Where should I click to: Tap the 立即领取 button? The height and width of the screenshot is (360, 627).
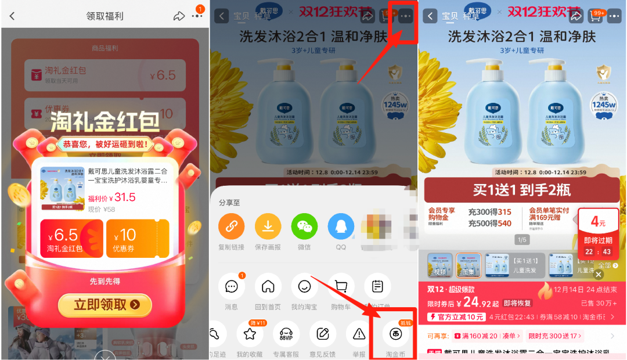pyautogui.click(x=105, y=304)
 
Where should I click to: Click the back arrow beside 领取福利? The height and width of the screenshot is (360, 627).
pyautogui.click(x=12, y=16)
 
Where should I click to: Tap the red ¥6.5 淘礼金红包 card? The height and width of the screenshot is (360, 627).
pyautogui.click(x=71, y=238)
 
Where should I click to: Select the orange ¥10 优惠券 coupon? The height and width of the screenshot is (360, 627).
pyautogui.click(x=138, y=238)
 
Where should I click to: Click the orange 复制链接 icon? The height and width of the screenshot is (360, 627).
pyautogui.click(x=232, y=226)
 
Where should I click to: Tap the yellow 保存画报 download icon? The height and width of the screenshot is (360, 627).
pyautogui.click(x=268, y=226)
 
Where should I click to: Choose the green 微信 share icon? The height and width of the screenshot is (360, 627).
pyautogui.click(x=304, y=226)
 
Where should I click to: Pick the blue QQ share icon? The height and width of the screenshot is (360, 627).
pyautogui.click(x=341, y=226)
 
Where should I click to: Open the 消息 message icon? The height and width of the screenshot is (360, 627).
pyautogui.click(x=232, y=286)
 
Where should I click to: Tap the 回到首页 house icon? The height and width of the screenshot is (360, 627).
pyautogui.click(x=268, y=286)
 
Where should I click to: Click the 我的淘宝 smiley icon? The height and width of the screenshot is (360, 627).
pyautogui.click(x=304, y=286)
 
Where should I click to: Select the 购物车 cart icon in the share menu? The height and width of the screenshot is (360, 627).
pyautogui.click(x=341, y=286)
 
